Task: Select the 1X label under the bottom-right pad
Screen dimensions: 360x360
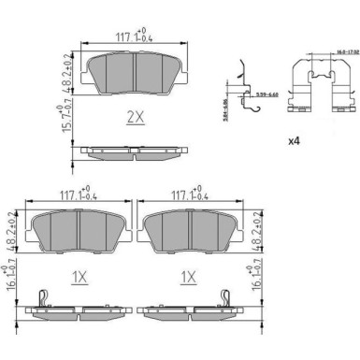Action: [x=188, y=277]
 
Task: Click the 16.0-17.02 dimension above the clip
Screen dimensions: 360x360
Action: [x=324, y=40]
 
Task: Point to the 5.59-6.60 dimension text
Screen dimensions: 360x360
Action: [x=263, y=94]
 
